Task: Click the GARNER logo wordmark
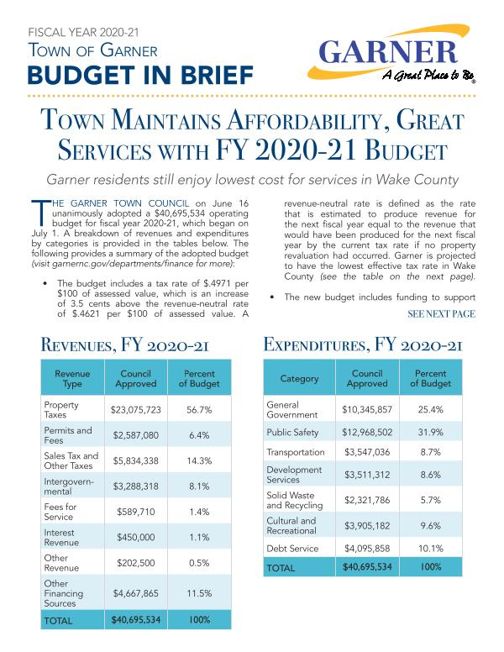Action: click(x=388, y=51)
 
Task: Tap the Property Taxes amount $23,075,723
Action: click(x=135, y=410)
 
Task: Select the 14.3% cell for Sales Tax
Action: click(x=199, y=460)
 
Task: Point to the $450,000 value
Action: click(x=135, y=537)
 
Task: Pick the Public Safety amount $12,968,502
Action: click(x=367, y=433)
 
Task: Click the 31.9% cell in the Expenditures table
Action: click(x=430, y=433)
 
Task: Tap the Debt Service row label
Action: click(x=292, y=549)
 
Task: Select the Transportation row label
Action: click(x=295, y=452)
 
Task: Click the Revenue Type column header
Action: click(x=72, y=378)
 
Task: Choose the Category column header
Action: click(x=299, y=378)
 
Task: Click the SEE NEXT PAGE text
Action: click(x=441, y=314)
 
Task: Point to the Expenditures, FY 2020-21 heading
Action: click(x=363, y=344)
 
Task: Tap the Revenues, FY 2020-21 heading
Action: click(x=124, y=345)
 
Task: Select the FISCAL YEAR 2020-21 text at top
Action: click(x=83, y=32)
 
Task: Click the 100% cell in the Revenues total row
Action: click(x=199, y=619)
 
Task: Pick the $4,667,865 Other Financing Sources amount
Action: click(x=135, y=593)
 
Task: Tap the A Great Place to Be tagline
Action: click(x=428, y=76)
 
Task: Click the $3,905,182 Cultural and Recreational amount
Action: click(x=367, y=526)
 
